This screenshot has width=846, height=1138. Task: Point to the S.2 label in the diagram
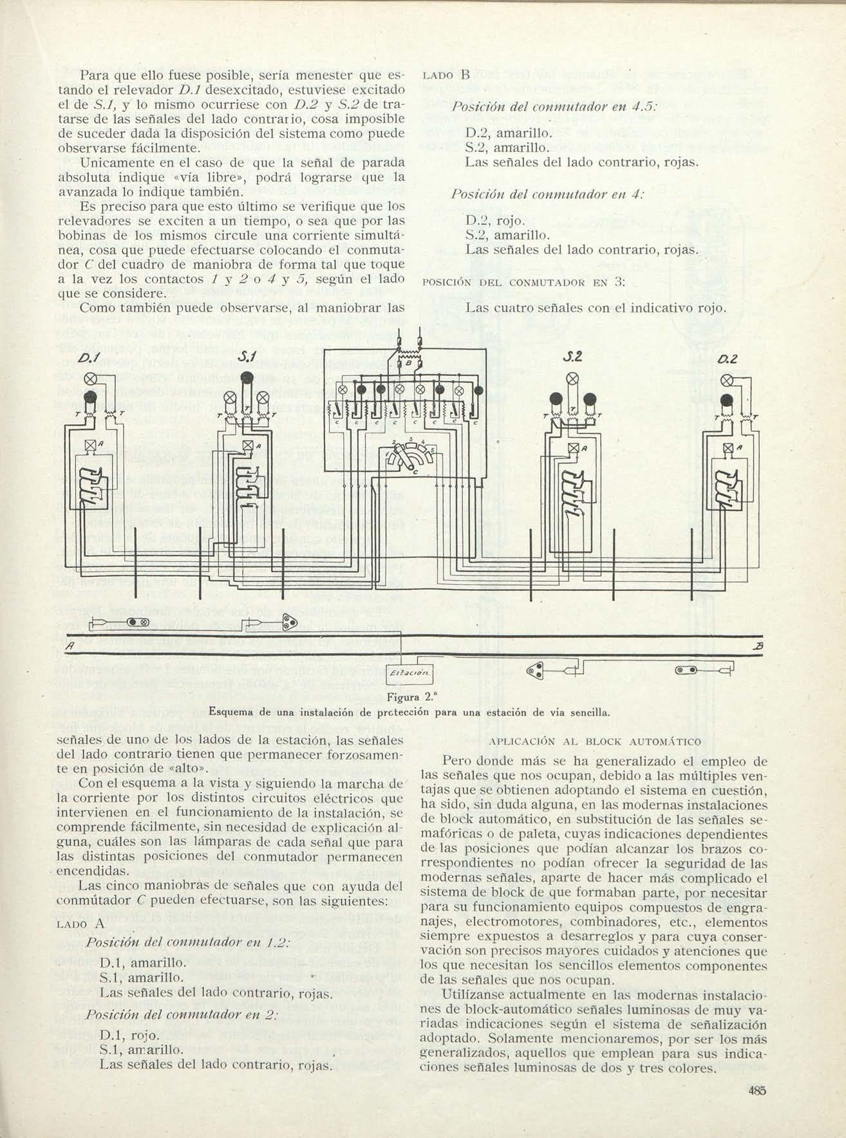tap(572, 357)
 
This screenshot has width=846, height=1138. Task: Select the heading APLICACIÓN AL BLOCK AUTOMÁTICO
tap(595, 742)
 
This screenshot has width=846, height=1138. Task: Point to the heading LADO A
tap(80, 923)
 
